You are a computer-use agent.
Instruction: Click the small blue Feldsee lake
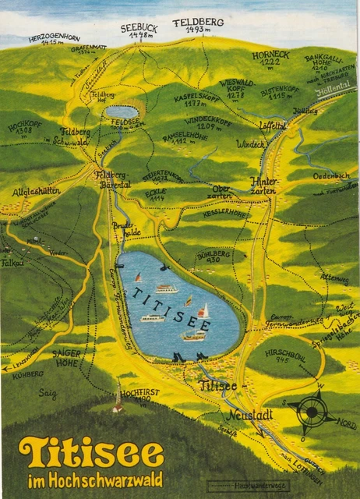click(122, 112)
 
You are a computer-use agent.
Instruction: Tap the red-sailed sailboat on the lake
click(203, 312)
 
